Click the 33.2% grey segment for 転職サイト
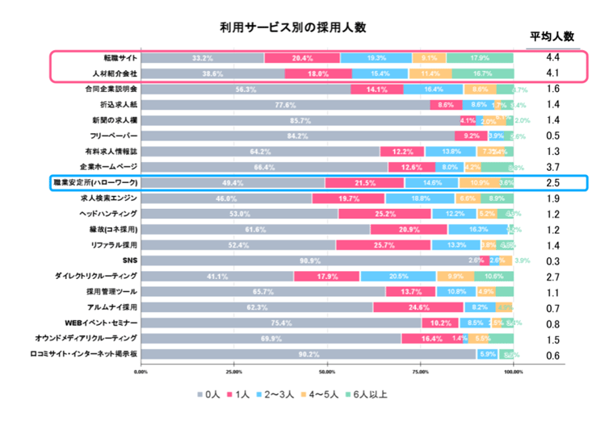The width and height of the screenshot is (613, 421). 203,58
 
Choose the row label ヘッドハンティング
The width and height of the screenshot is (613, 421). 109,214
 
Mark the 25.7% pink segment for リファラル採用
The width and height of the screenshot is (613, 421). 384,245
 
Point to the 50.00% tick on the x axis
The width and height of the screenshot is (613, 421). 327,372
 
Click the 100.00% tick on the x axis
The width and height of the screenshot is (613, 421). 513,372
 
